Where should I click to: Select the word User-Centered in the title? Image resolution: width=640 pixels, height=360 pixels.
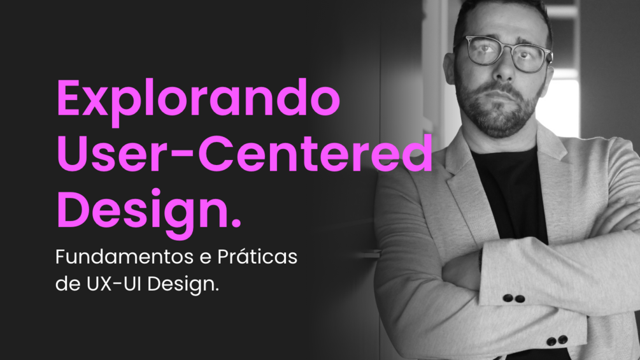pyautogui.click(x=245, y=153)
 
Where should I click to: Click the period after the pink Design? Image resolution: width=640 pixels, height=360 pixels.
pyautogui.click(x=236, y=223)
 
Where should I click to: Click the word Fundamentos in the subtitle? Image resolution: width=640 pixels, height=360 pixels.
pyautogui.click(x=124, y=257)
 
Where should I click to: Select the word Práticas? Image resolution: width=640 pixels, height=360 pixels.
pyautogui.click(x=257, y=256)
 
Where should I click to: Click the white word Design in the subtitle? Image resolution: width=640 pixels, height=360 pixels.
pyautogui.click(x=183, y=285)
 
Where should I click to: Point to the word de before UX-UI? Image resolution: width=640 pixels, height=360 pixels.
pyautogui.click(x=68, y=284)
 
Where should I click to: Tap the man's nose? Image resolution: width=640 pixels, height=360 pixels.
pyautogui.click(x=505, y=68)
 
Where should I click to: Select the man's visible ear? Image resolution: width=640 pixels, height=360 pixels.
pyautogui.click(x=448, y=68)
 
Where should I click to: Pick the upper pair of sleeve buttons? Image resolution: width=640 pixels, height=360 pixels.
pyautogui.click(x=514, y=298)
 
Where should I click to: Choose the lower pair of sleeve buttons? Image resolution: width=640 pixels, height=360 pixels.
pyautogui.click(x=557, y=340)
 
